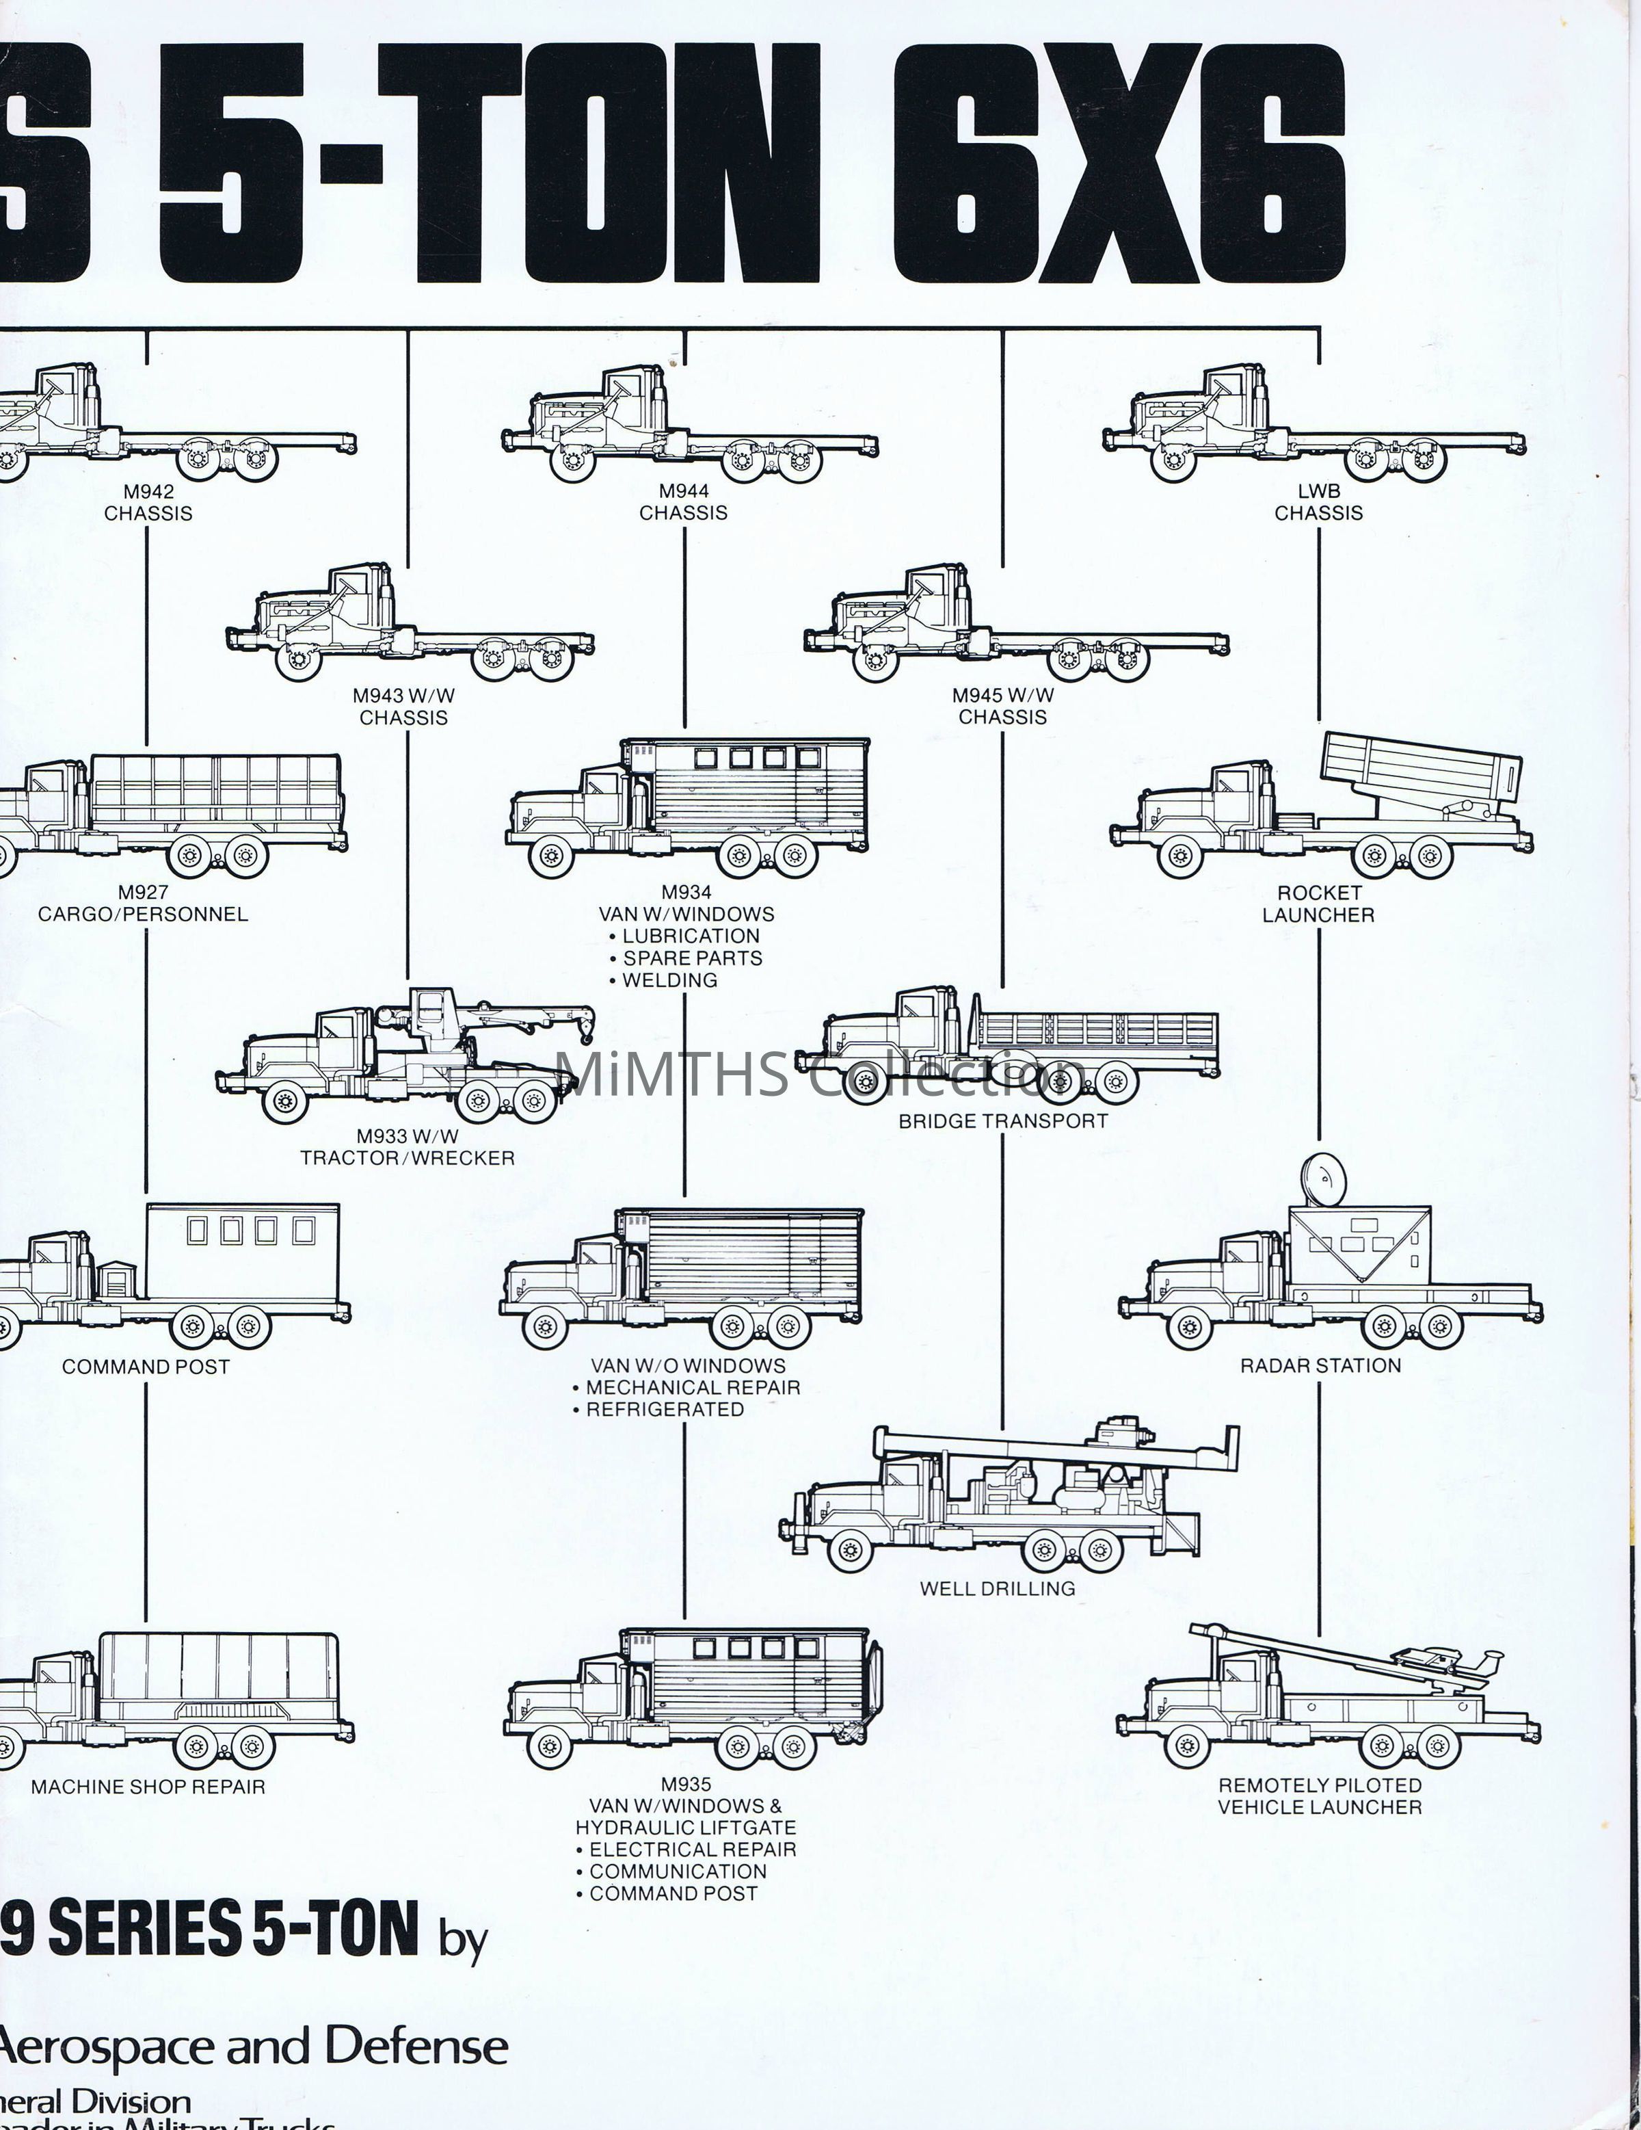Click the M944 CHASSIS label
point(684,502)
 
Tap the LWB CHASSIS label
point(1318,502)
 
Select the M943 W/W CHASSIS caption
point(403,706)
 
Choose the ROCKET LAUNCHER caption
point(1318,903)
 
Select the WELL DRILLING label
point(998,1588)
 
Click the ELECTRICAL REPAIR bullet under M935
point(692,1849)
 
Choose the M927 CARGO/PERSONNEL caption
point(144,903)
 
